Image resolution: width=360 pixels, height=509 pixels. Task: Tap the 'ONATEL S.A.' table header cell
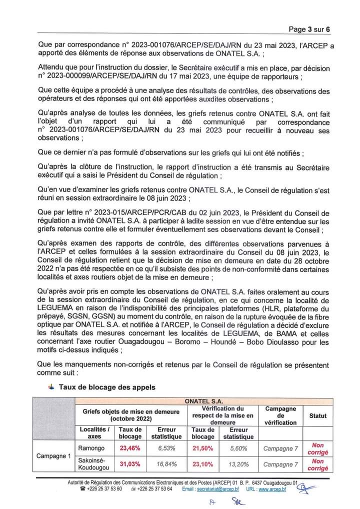(203, 401)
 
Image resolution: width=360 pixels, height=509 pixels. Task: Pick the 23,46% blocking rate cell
(128, 448)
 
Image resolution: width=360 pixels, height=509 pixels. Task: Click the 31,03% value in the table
(128, 464)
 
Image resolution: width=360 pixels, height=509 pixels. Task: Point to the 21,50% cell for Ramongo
(202, 448)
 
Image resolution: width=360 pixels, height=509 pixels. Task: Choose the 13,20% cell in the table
(239, 464)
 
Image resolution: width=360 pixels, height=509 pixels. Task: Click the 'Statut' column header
(318, 415)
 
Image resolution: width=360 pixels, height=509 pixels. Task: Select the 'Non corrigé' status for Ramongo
(318, 448)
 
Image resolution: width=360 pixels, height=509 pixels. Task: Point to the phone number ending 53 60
(104, 490)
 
